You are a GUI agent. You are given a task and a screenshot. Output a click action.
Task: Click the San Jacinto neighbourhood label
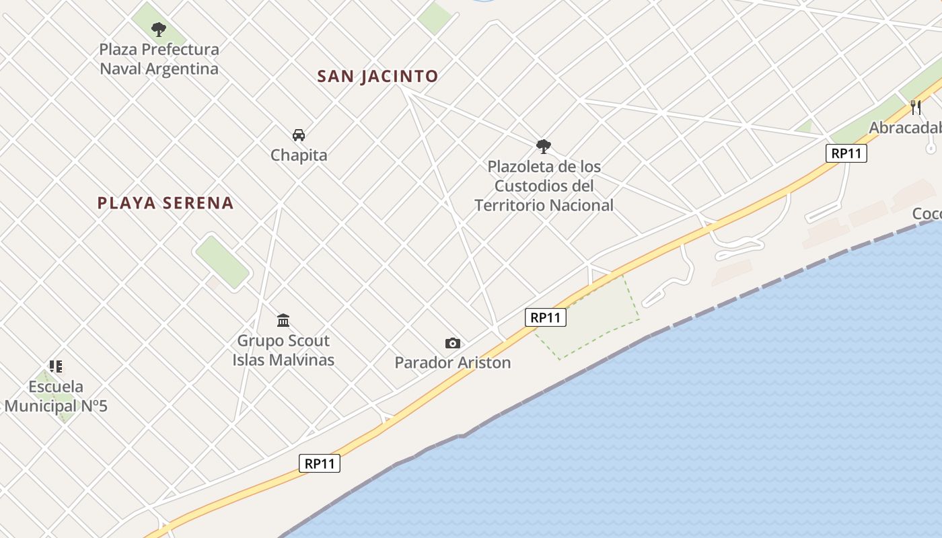tap(377, 76)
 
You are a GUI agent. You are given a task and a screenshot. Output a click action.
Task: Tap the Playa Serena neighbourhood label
tap(166, 203)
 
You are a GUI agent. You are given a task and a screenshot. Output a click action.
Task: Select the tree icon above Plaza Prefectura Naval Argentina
tap(159, 30)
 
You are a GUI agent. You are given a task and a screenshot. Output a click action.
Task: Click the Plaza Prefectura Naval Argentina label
tap(159, 59)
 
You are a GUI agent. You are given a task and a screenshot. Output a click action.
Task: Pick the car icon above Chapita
tap(299, 135)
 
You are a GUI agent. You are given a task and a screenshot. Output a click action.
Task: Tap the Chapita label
tap(299, 155)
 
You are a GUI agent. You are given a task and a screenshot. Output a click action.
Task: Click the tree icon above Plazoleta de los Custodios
tap(544, 147)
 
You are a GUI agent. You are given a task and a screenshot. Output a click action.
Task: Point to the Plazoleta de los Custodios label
tap(544, 186)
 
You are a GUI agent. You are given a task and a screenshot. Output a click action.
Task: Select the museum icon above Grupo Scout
tap(283, 320)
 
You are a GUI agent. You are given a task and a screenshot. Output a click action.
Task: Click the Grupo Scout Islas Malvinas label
tap(283, 350)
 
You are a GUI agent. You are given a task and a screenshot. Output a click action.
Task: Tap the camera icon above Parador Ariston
tap(453, 344)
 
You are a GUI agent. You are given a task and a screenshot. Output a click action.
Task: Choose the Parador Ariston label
tap(453, 363)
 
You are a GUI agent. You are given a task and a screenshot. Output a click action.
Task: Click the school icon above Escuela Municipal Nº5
tap(56, 367)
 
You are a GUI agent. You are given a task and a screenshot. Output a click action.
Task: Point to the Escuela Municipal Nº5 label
tap(56, 396)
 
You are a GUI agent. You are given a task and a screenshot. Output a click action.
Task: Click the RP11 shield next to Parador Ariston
tap(546, 317)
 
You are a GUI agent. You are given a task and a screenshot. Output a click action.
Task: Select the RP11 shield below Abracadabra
tap(846, 153)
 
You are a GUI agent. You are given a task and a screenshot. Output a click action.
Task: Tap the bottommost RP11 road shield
tap(320, 463)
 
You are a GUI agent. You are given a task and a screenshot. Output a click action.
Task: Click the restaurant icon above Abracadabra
tap(916, 108)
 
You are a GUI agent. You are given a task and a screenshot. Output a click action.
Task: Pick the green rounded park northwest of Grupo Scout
tap(222, 262)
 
